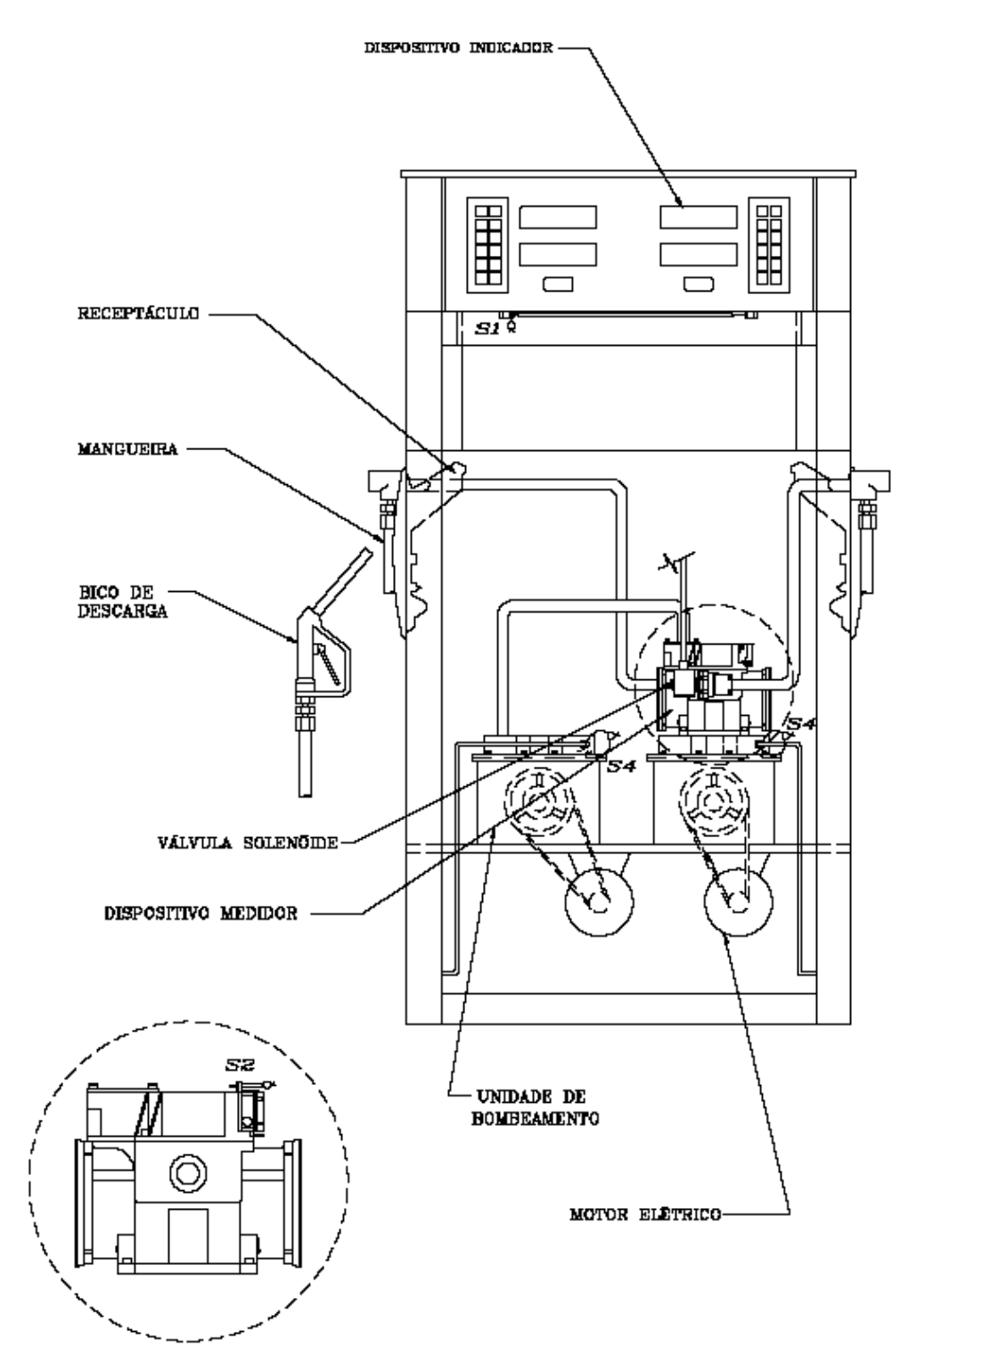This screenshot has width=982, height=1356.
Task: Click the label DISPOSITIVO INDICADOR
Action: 459,48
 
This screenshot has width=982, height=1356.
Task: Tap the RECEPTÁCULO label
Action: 138,314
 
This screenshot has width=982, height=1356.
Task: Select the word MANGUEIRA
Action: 127,449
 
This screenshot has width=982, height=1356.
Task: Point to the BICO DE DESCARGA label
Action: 123,601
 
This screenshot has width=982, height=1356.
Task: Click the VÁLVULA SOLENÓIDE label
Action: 248,842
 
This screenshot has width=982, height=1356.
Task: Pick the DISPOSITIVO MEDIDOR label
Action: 200,913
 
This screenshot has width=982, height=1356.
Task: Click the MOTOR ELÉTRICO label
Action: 645,1214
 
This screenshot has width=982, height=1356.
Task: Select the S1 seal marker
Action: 487,329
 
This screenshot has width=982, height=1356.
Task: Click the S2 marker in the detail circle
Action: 241,1064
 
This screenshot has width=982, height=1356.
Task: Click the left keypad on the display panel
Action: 487,244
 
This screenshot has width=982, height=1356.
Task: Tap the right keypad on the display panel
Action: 769,244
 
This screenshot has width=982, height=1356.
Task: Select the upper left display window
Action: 558,217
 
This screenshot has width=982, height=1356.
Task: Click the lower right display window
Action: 699,254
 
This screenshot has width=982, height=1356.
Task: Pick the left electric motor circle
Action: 599,901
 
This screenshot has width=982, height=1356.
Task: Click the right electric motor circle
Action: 738,901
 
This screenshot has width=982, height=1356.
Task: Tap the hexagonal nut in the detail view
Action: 188,1174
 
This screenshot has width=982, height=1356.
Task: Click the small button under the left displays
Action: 558,284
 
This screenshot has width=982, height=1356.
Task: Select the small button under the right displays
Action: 699,284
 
